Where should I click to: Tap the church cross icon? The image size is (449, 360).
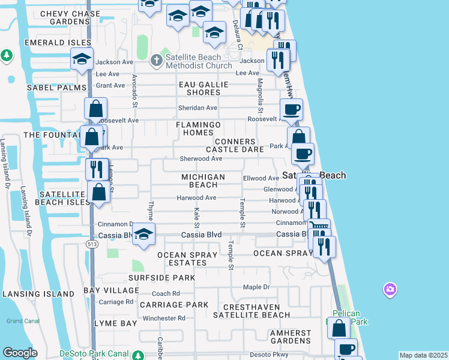pos(156,60)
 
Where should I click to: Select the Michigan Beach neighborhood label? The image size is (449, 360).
pos(203,181)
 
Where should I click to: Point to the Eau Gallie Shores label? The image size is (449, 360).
pos(203,88)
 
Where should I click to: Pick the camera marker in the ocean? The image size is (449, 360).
pos(390,290)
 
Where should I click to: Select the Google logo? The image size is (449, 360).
pos(20,353)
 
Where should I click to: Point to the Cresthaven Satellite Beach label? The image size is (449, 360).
pos(252,310)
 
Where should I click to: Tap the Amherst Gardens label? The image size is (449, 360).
pos(291,337)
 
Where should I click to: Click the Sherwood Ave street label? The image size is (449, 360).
pos(201,159)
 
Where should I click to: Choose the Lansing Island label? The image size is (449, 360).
pos(38,294)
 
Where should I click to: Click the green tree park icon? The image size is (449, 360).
pos(7,56)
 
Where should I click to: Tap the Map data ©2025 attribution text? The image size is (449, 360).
pos(424,355)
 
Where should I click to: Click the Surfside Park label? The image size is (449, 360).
pos(161,278)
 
